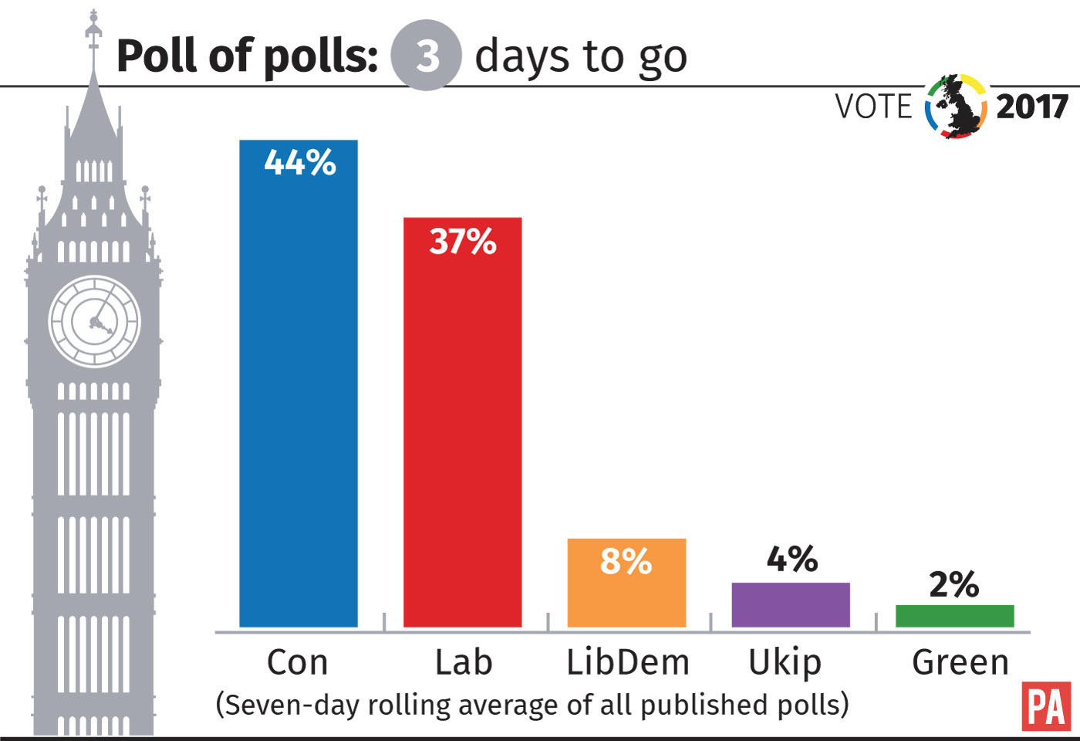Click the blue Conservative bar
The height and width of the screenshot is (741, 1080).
tap(299, 386)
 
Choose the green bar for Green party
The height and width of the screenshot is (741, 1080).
tap(954, 616)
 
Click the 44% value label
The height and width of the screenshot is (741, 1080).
tap(300, 163)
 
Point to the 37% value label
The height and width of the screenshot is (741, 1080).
tap(463, 242)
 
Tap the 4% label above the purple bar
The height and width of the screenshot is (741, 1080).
tap(792, 559)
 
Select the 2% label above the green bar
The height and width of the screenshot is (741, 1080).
tap(954, 584)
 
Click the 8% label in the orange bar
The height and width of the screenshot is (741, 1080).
tap(626, 561)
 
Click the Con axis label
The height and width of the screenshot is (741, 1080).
tap(298, 662)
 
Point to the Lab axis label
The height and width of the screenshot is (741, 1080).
tap(463, 662)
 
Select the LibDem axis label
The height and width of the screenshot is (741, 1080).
tap(628, 662)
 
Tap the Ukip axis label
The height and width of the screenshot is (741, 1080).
tap(785, 663)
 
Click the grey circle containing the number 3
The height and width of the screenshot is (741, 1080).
tap(426, 56)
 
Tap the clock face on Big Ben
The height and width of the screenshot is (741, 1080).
tap(95, 321)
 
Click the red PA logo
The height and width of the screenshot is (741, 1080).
tap(1046, 705)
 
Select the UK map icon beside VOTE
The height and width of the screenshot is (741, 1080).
tap(957, 107)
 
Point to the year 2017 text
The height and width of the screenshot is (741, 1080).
tap(1032, 107)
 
